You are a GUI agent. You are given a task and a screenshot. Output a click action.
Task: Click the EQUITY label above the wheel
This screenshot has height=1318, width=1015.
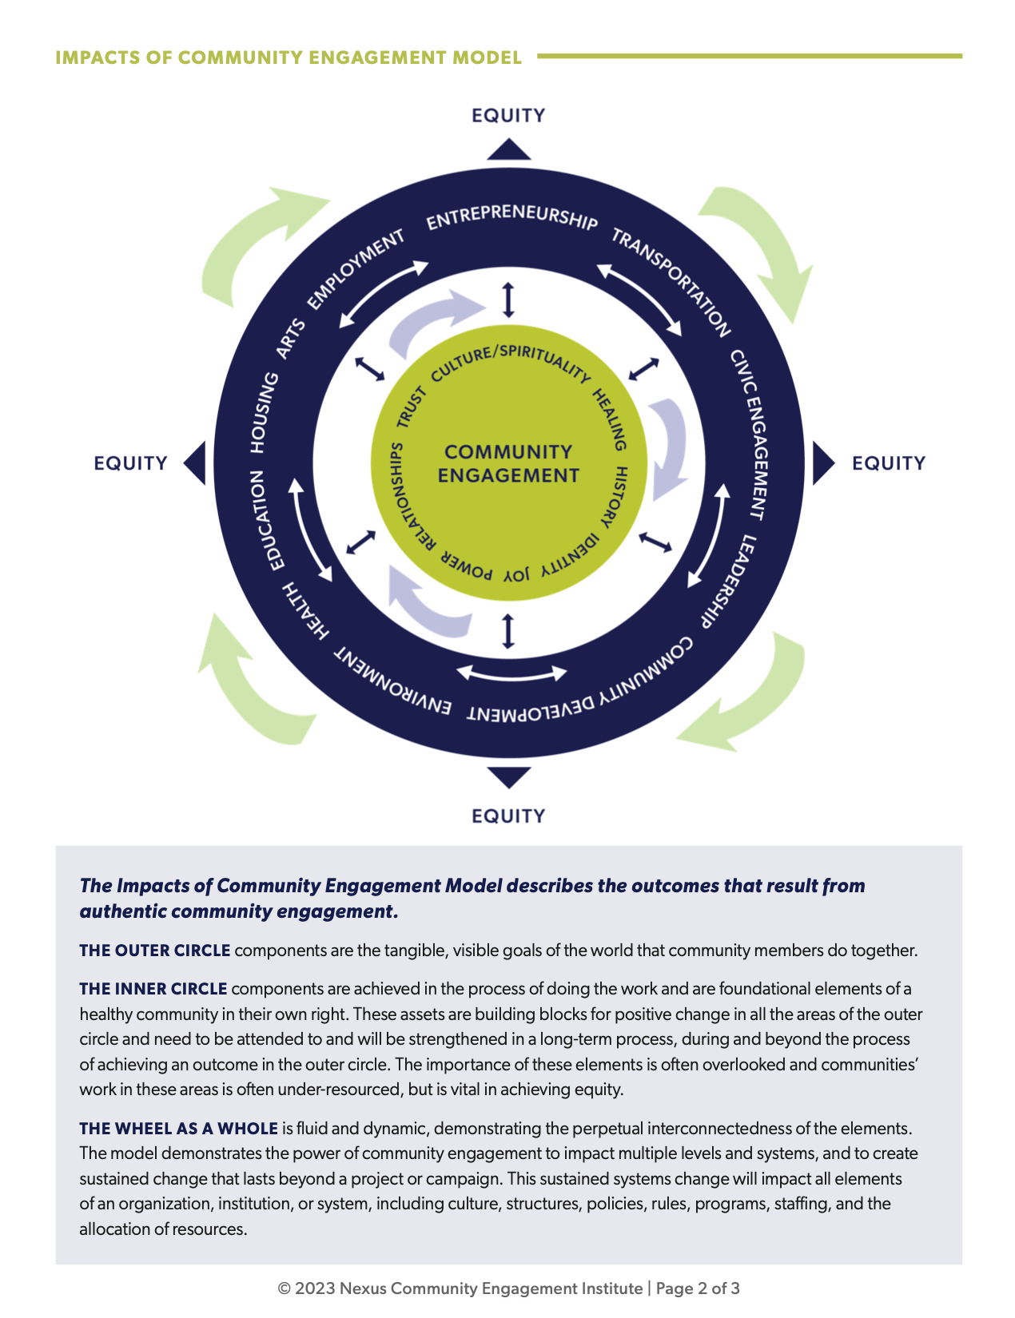(508, 116)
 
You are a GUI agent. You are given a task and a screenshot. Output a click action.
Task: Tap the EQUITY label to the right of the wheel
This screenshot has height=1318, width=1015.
(889, 463)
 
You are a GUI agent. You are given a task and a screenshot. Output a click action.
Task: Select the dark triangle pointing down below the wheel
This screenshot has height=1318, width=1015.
(508, 776)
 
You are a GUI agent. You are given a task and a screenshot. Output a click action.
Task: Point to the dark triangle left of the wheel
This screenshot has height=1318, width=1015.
(196, 463)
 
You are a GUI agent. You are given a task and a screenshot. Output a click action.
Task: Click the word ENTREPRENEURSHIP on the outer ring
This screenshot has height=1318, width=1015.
(511, 216)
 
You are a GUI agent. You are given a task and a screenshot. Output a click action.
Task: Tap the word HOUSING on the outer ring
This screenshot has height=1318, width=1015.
(264, 412)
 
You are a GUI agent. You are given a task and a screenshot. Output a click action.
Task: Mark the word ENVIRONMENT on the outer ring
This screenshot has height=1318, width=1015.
(392, 684)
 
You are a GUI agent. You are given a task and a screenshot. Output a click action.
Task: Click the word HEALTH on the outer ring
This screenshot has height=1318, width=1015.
(305, 611)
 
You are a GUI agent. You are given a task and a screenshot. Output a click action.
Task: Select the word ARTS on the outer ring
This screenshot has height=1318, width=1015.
(290, 338)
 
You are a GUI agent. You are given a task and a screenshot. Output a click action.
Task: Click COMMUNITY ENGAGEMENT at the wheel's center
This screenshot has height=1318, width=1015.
(508, 463)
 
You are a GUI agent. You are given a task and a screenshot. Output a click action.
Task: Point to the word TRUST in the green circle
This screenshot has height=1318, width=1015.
(412, 407)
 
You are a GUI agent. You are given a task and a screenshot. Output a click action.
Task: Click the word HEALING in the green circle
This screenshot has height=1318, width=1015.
(610, 420)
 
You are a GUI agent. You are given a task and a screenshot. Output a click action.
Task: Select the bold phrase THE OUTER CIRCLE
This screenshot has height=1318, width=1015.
(155, 951)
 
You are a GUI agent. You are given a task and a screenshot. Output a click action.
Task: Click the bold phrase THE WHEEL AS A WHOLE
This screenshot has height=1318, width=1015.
(178, 1129)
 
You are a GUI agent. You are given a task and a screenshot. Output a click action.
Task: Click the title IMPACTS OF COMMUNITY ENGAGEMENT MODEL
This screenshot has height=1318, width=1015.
(289, 58)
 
